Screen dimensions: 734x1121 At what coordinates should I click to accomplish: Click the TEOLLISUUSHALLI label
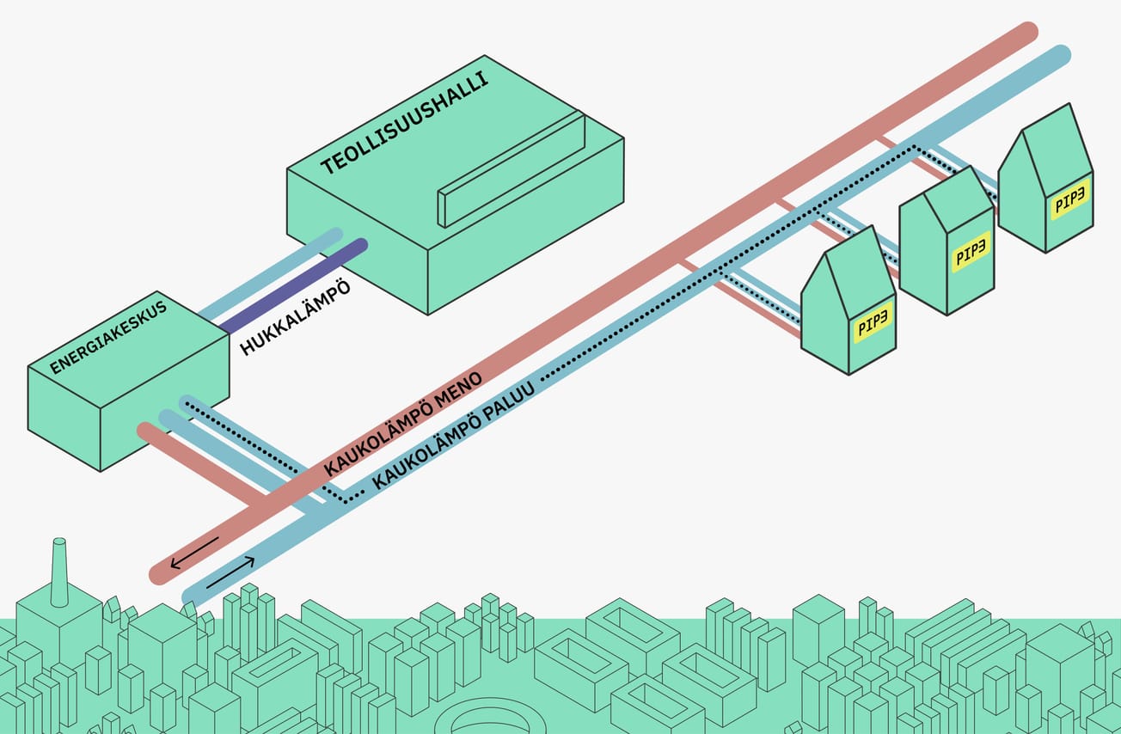(404, 123)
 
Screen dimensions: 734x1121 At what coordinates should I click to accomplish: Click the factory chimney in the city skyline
(59, 572)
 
